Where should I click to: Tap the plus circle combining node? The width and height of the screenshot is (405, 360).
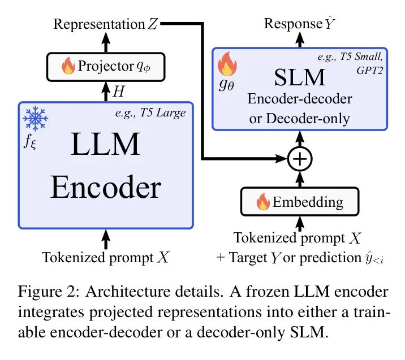pos(300,161)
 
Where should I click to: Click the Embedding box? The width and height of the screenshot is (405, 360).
pos(300,201)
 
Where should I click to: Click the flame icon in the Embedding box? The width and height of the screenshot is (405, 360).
pos(262,202)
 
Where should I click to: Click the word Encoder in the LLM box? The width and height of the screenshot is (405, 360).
pos(106,188)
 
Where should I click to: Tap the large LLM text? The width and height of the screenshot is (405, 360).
pos(106,146)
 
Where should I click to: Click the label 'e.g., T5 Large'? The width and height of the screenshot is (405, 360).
pos(158,112)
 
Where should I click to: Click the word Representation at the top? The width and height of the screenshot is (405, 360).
pos(99,24)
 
